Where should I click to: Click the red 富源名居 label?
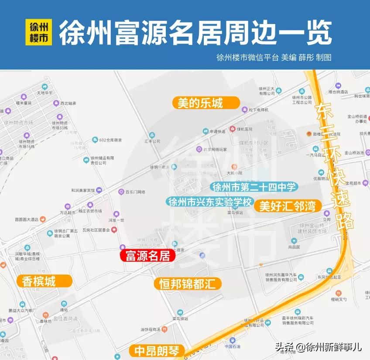click(x=147, y=256)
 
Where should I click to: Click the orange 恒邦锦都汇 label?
click(x=188, y=284)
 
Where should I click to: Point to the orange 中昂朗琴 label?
click(x=156, y=351)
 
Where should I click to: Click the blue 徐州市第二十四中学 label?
click(x=254, y=187)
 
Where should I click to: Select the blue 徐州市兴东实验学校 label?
click(x=210, y=202)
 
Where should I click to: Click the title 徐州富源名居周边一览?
click(x=195, y=33)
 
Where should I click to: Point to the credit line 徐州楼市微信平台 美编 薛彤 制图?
click(x=274, y=58)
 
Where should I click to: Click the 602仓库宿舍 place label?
click(x=110, y=140)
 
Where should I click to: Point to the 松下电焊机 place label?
click(x=258, y=110)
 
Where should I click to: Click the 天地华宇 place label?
click(x=44, y=93)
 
